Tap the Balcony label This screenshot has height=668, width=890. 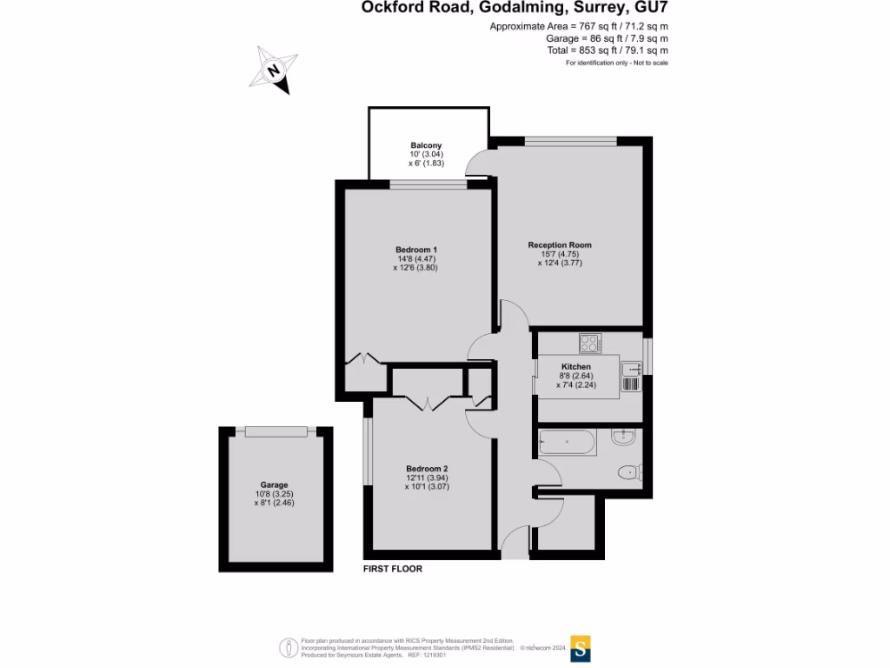point(427,145)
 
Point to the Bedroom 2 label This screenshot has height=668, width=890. point(427,468)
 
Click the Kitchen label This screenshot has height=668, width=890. point(576,367)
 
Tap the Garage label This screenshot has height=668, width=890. point(274,484)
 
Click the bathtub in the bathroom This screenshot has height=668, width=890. point(568,443)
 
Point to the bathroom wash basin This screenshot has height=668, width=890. point(624,438)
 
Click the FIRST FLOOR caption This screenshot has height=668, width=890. point(392,569)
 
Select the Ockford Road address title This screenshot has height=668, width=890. point(515,9)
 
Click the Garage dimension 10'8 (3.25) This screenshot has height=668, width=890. point(274,494)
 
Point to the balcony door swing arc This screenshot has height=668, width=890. point(477,164)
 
